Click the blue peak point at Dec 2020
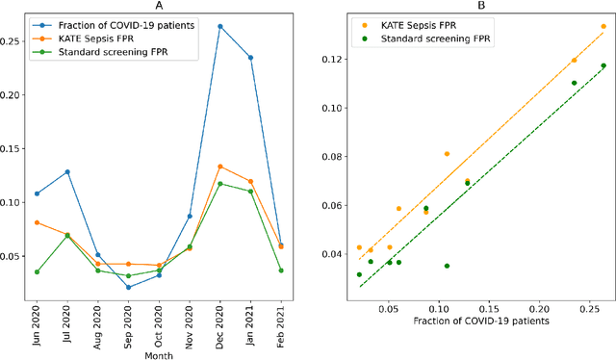[220, 26]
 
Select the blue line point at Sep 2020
[128, 287]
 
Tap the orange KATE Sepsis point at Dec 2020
[220, 167]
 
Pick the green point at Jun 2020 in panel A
[37, 271]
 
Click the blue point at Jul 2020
[67, 171]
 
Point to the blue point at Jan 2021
[251, 58]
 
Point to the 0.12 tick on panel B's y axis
[332, 60]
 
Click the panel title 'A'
[159, 7]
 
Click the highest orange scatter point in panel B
[603, 27]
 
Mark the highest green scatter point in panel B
[603, 65]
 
